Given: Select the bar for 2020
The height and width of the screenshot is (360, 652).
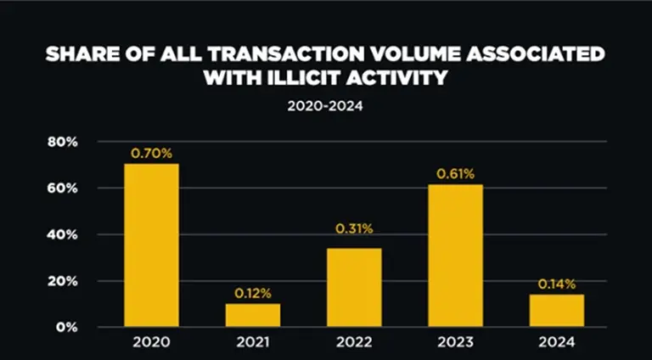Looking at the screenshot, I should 151,245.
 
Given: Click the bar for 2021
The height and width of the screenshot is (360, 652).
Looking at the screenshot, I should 253,314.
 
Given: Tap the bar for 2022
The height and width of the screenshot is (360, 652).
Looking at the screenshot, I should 354,287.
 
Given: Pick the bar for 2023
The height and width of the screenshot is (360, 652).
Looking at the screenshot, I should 455,255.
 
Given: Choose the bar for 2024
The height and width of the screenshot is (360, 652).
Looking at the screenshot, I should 557,310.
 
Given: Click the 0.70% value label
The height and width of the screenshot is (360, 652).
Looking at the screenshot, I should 151,154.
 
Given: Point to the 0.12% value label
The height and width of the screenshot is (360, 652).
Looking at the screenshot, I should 253,294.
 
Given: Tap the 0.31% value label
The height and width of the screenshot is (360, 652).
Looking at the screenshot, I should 354,228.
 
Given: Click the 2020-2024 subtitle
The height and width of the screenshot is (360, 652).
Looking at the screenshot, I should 325,108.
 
